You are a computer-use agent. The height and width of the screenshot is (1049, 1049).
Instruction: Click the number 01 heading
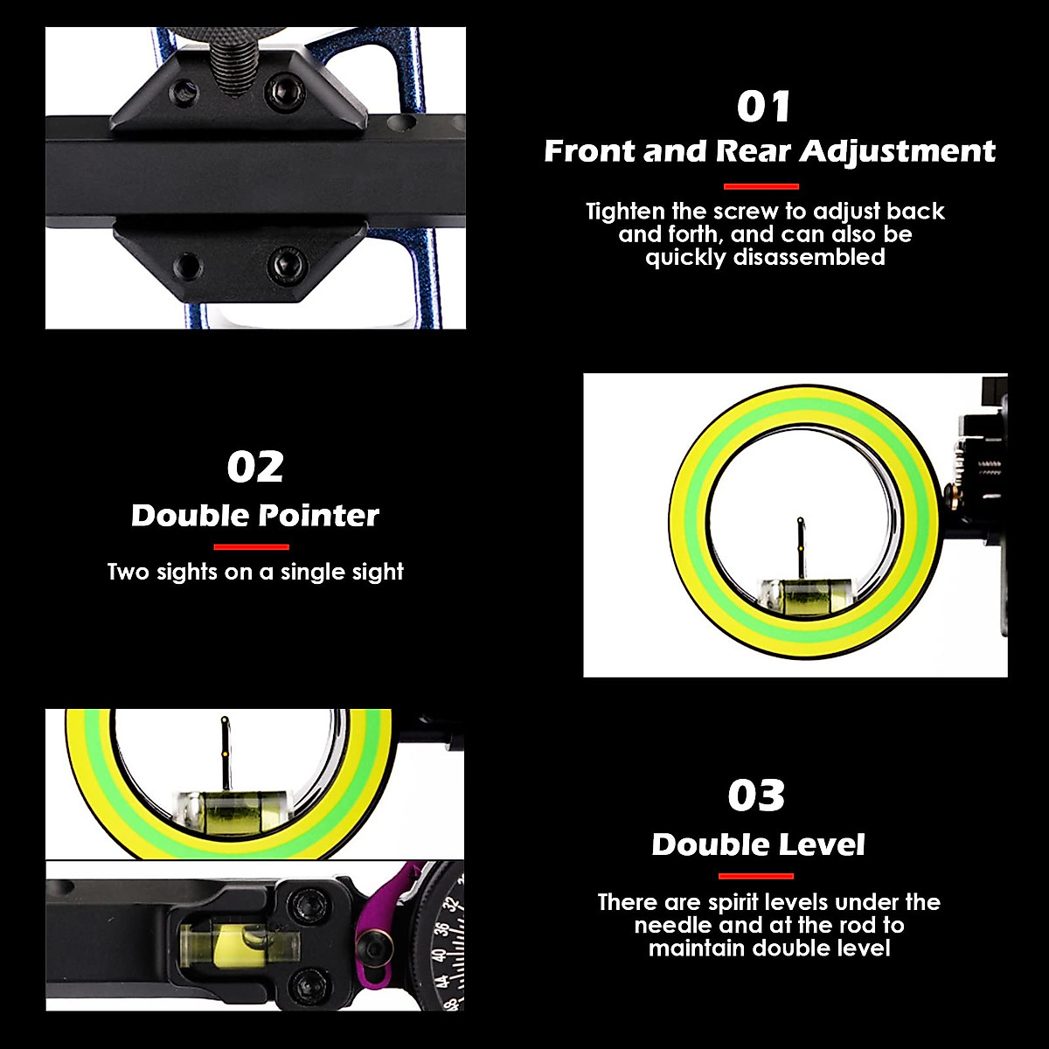(x=764, y=107)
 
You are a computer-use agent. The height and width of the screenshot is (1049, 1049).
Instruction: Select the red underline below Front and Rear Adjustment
(x=761, y=186)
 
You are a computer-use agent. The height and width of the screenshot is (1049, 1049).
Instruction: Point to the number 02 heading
(x=255, y=467)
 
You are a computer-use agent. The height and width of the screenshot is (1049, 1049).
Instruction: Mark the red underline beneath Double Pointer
(x=251, y=547)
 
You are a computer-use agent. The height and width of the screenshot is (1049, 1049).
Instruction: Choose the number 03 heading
(x=756, y=795)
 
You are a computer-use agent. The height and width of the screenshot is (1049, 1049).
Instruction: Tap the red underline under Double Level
(x=756, y=876)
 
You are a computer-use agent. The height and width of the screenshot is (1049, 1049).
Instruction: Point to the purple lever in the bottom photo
(x=398, y=918)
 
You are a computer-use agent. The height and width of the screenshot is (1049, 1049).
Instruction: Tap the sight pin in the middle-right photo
(x=800, y=545)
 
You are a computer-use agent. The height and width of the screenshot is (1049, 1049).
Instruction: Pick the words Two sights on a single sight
(x=255, y=573)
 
